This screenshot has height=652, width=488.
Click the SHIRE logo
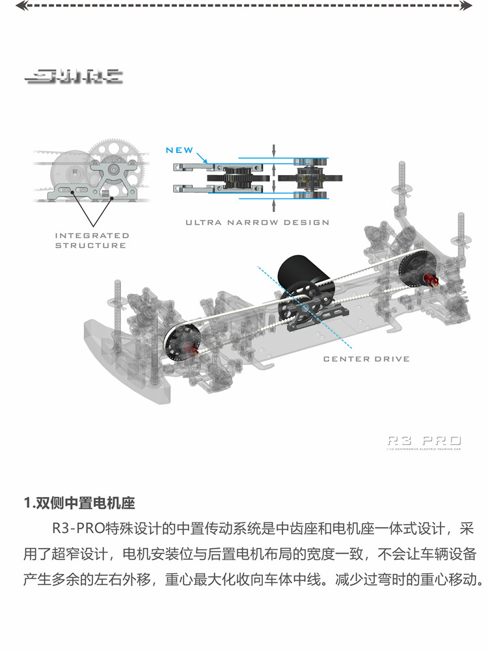[x=74, y=76]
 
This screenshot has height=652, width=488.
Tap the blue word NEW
[x=180, y=150]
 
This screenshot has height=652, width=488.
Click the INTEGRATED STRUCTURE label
[x=91, y=240]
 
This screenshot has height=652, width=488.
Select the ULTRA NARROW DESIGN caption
[x=257, y=223]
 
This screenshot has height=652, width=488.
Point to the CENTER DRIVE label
[x=366, y=359]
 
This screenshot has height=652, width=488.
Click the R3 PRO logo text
[x=424, y=441]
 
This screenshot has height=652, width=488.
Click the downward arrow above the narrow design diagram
[x=274, y=149]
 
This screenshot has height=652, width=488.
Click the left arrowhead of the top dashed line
[x=19, y=6]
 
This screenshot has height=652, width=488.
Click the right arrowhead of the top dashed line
[x=467, y=6]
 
